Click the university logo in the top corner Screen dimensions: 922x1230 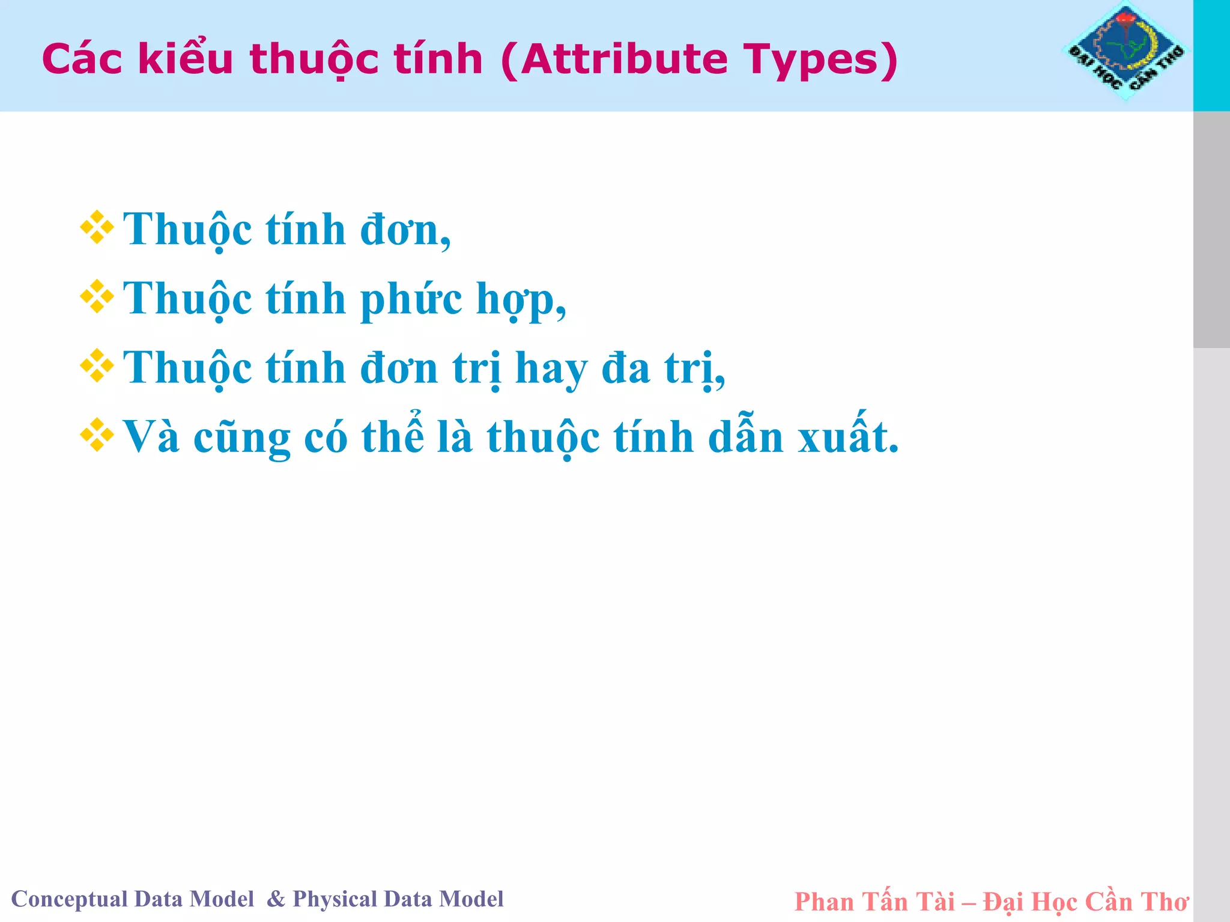click(1126, 51)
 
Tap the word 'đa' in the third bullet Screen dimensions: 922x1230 click(626, 368)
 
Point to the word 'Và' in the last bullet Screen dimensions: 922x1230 click(151, 437)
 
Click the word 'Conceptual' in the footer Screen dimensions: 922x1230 click(69, 899)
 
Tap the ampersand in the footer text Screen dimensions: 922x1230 click(276, 899)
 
